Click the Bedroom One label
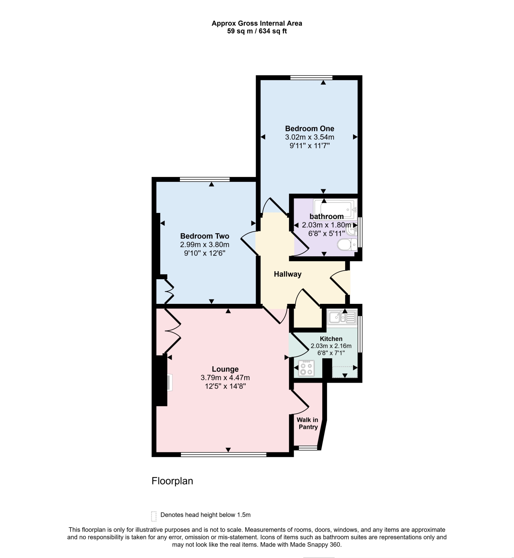(309, 129)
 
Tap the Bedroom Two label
(205, 236)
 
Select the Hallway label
(288, 274)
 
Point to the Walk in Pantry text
(308, 423)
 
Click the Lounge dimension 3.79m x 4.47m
(225, 378)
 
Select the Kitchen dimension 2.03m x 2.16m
(331, 346)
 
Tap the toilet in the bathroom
(347, 245)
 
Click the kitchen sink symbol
(342, 317)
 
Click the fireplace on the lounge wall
(169, 383)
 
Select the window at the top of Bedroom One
(311, 78)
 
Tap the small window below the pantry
(308, 448)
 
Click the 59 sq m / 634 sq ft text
(257, 31)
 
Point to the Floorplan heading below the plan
(172, 481)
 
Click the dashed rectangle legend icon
(154, 516)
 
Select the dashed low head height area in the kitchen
(345, 372)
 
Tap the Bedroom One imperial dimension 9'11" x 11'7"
(309, 146)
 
